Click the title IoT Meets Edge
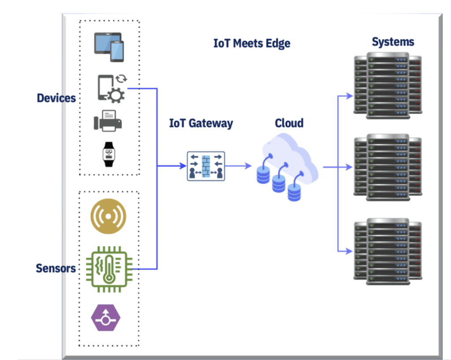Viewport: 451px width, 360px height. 251,44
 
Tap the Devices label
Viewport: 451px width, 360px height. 56,98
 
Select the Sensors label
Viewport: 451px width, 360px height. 55,268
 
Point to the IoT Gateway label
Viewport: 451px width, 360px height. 200,123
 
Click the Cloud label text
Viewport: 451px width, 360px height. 289,123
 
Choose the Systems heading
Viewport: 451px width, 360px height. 392,42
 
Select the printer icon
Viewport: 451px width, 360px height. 108,120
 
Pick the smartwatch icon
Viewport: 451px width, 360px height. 108,154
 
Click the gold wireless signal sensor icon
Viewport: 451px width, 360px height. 108,216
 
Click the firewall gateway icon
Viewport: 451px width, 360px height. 206,166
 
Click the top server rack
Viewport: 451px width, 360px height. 388,85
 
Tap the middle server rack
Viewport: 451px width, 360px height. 388,167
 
